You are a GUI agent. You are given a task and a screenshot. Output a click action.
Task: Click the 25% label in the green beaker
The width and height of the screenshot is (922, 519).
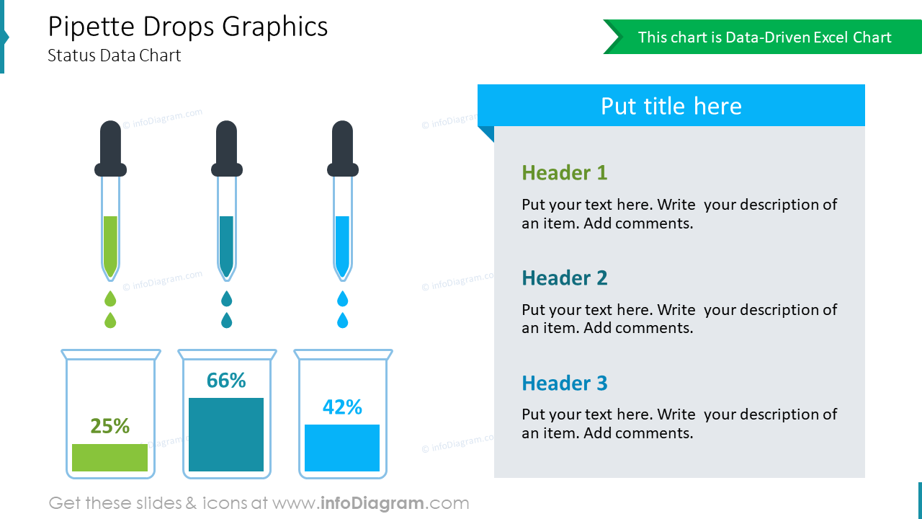(x=110, y=426)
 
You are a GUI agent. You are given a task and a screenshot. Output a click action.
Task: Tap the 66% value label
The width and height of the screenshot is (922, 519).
(x=226, y=380)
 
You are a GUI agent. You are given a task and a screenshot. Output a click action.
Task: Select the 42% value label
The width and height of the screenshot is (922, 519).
(x=342, y=407)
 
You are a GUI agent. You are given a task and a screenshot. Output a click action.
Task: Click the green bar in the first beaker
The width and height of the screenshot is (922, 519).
(x=110, y=458)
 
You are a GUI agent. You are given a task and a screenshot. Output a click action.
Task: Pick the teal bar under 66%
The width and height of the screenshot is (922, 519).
(x=226, y=435)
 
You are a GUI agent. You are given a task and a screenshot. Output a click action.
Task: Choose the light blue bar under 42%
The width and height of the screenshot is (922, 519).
(x=342, y=448)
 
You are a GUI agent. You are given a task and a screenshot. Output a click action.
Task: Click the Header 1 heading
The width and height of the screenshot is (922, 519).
(x=564, y=173)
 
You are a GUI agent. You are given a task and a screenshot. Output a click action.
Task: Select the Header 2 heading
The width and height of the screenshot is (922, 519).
(x=564, y=278)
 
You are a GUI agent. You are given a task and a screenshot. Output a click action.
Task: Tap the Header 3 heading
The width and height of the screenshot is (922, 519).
(x=564, y=383)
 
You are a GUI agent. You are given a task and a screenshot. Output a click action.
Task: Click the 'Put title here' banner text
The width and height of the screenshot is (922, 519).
(x=671, y=106)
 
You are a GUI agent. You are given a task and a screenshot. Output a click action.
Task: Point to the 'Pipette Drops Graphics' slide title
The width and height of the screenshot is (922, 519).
(x=188, y=27)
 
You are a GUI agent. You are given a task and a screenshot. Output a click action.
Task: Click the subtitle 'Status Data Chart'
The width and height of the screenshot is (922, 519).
(x=115, y=56)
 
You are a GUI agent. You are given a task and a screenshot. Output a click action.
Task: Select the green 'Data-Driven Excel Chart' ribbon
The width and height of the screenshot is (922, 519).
(x=764, y=37)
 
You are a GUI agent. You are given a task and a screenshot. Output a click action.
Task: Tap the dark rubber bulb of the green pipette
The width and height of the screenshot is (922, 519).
(x=110, y=148)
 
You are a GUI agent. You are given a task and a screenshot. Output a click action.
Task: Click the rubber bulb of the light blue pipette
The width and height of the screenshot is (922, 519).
(x=342, y=148)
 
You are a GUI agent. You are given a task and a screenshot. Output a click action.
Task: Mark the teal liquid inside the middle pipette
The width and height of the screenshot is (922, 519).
(x=226, y=245)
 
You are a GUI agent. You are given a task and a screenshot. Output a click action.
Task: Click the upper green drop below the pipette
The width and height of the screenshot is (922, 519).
(x=110, y=298)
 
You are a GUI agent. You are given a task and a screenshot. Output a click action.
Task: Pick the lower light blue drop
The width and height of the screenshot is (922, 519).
(x=342, y=320)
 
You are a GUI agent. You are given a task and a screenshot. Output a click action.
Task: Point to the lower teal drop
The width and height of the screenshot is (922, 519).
(x=226, y=320)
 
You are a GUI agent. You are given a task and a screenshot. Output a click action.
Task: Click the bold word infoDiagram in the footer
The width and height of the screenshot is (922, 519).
(x=372, y=503)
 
